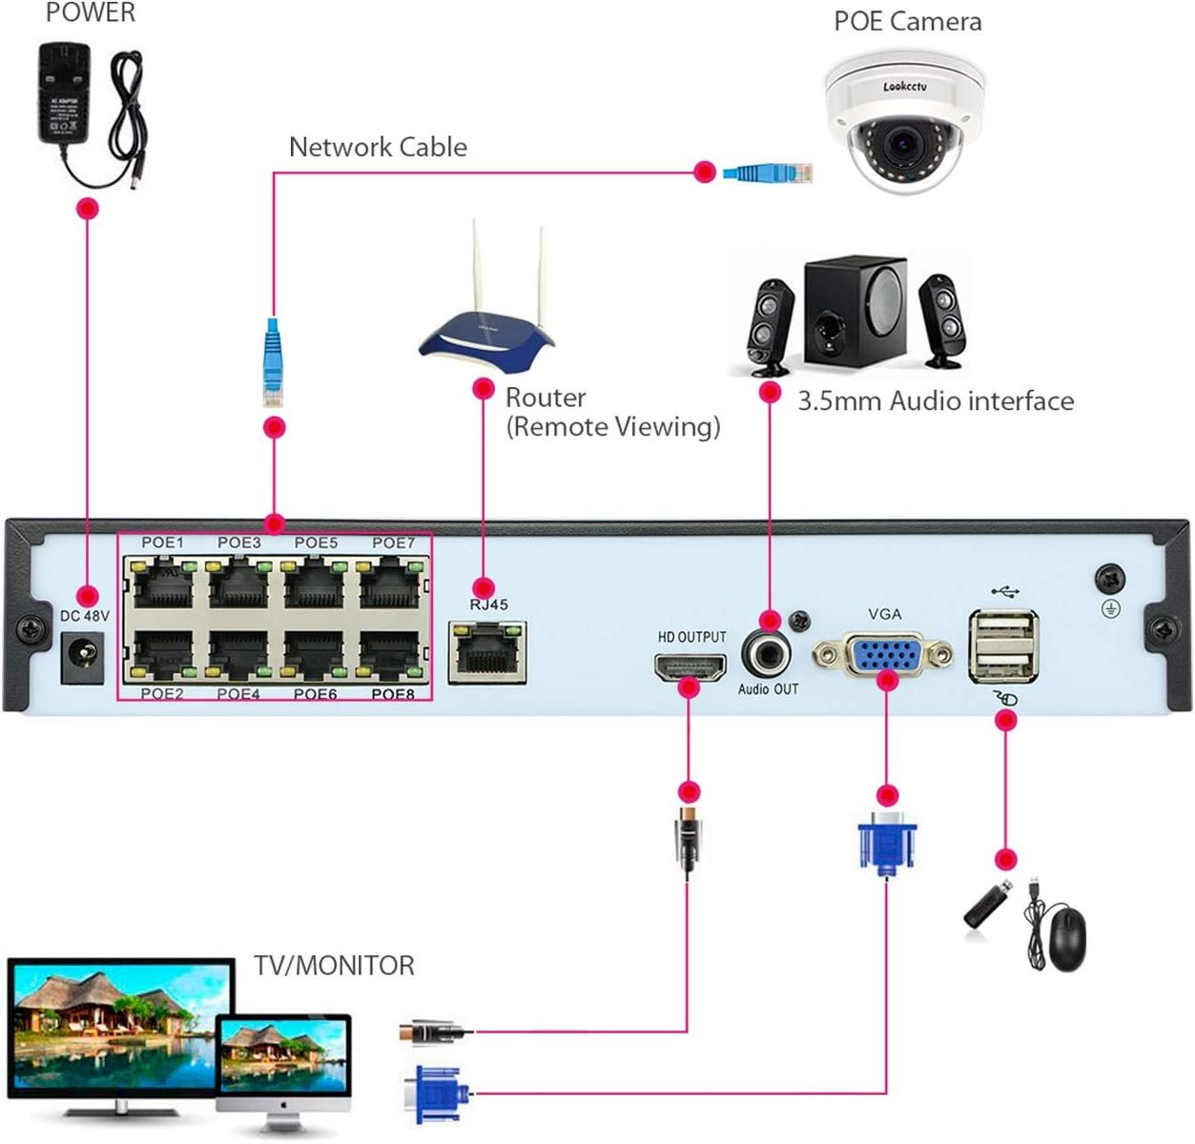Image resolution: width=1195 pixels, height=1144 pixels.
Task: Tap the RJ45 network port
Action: click(x=487, y=651)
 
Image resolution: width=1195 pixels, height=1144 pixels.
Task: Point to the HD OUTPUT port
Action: click(x=690, y=666)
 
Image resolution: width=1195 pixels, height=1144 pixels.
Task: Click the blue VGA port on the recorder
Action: click(x=883, y=655)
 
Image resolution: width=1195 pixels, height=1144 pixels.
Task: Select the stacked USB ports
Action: click(x=1003, y=645)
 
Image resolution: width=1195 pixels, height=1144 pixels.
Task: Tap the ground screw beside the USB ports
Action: click(x=1109, y=578)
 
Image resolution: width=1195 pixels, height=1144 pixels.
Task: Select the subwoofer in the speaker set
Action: click(x=855, y=311)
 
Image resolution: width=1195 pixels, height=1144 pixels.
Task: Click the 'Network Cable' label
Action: click(x=378, y=147)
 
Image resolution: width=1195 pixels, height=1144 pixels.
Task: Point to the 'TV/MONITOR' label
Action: click(x=334, y=965)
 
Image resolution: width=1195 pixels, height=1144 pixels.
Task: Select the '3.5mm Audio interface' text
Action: click(x=935, y=400)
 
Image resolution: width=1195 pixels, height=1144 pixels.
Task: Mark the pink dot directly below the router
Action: click(x=484, y=388)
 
